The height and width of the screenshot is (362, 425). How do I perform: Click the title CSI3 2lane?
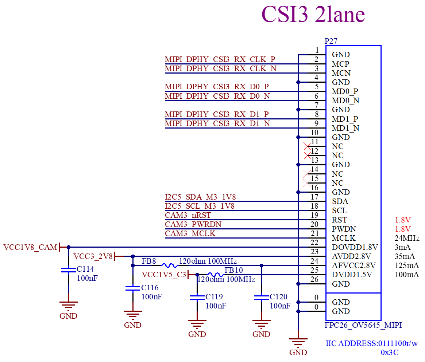[x=313, y=14]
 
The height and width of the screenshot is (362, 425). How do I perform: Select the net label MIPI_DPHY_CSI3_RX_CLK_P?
[x=220, y=59]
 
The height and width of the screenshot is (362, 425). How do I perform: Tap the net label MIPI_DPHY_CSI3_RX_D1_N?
[x=217, y=123]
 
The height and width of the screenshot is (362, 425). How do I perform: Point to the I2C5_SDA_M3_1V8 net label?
[x=200, y=197]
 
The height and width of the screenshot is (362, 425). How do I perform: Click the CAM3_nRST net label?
[x=188, y=215]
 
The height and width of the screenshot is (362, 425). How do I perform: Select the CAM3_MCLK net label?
[x=190, y=233]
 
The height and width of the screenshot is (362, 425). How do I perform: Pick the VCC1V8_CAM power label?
[x=30, y=247]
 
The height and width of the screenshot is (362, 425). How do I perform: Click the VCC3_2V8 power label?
[x=93, y=256]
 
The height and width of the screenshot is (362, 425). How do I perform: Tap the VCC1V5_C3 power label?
[x=164, y=275]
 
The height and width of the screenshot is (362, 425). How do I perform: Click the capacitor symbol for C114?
[x=68, y=270]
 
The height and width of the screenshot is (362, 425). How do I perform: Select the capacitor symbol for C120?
[x=261, y=297]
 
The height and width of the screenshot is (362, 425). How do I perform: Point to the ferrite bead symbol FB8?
[x=169, y=265]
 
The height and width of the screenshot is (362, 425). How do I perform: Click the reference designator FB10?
[x=233, y=270]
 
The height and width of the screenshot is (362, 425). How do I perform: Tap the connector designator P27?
[x=331, y=41]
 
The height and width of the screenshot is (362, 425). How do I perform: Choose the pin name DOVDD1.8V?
[x=355, y=247]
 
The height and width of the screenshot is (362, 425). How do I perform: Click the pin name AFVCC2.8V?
[x=354, y=265]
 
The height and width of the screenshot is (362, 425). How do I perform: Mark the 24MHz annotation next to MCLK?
[x=407, y=238]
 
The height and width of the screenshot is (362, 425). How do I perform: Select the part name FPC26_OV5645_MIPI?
[x=363, y=325]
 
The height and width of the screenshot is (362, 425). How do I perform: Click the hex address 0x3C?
[x=390, y=353]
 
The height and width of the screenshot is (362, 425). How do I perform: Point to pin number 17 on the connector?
[x=314, y=197]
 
